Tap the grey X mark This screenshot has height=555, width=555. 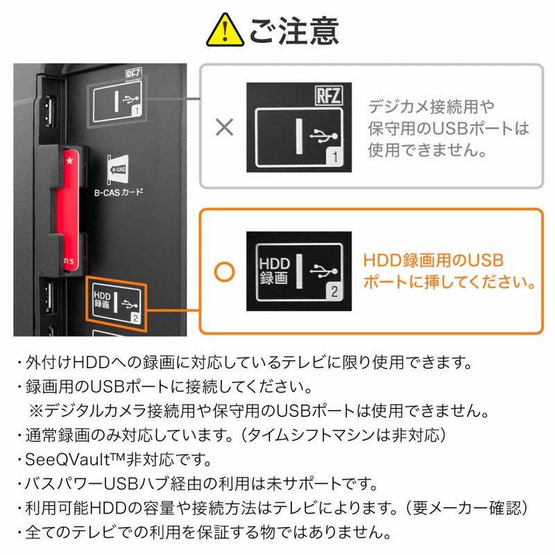click(224, 127)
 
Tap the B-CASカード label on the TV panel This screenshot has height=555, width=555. click(119, 191)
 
